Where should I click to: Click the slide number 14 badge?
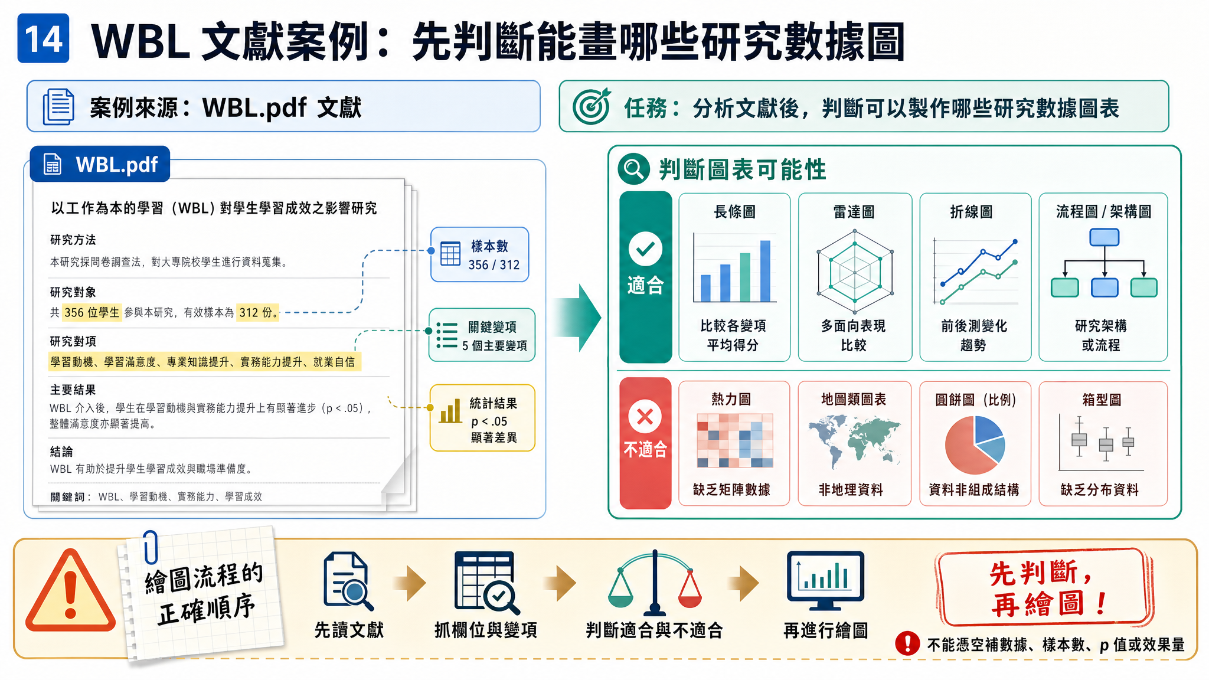(x=43, y=38)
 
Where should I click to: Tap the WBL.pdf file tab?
(x=100, y=164)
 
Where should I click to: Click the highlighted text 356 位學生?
(x=92, y=312)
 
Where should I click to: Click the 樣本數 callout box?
(x=479, y=254)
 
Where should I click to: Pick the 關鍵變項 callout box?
(x=482, y=335)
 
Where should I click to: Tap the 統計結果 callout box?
(x=482, y=418)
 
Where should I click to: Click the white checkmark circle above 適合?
(x=645, y=249)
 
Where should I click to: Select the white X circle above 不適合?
(x=645, y=417)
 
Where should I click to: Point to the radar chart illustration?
(x=854, y=272)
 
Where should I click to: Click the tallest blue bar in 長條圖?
(x=765, y=271)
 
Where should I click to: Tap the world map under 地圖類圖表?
(x=854, y=440)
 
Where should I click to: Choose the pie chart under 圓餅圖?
(x=975, y=444)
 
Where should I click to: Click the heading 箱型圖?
(x=1102, y=400)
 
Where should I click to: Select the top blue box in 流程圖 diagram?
(x=1104, y=237)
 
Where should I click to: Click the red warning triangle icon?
(x=70, y=591)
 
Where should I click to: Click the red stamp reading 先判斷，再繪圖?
(x=1043, y=589)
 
